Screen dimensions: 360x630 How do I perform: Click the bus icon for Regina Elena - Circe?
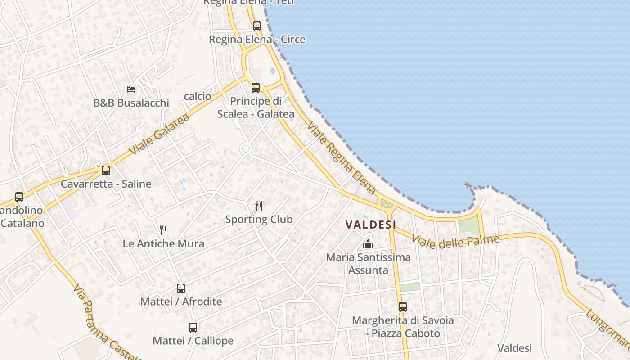tap(257, 26)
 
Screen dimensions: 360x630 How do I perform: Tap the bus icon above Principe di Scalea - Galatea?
tap(256, 88)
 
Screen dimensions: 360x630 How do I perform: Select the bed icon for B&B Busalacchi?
tap(131, 90)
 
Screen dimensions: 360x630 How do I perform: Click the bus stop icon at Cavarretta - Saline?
tap(106, 171)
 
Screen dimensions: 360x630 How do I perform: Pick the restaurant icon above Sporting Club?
tap(259, 206)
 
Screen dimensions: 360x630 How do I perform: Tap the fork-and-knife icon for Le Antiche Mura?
tap(163, 230)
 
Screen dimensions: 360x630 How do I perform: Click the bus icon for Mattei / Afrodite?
tap(181, 288)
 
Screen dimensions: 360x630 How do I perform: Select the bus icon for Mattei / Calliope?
tap(193, 328)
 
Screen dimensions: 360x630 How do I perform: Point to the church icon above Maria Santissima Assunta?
tap(368, 244)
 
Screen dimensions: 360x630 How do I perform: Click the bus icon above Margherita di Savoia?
tap(403, 307)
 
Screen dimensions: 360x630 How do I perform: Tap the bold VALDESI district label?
tap(371, 224)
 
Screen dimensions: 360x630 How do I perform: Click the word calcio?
tap(198, 96)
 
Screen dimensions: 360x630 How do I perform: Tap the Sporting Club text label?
tap(259, 220)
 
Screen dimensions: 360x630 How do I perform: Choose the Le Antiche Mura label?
tap(163, 244)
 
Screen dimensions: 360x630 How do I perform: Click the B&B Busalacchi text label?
tap(131, 103)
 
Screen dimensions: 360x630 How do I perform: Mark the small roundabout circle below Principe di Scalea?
tap(245, 148)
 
